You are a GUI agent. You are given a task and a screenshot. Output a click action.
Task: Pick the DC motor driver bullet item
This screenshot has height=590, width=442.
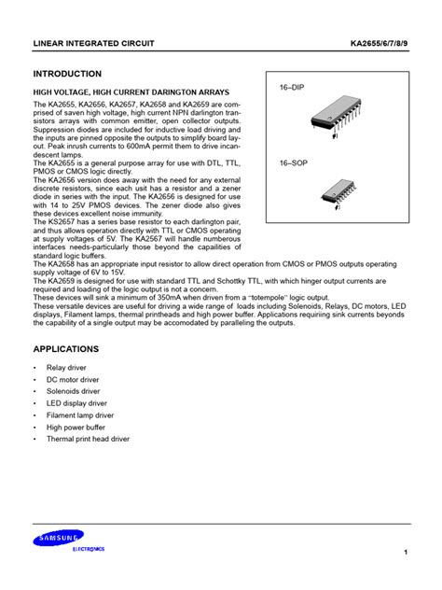tap(87, 381)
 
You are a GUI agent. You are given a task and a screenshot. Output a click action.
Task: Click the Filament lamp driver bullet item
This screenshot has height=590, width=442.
tap(91, 414)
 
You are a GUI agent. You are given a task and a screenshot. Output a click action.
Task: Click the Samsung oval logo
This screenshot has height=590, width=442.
tap(60, 536)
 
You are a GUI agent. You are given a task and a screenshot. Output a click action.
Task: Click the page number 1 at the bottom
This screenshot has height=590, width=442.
tap(406, 555)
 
